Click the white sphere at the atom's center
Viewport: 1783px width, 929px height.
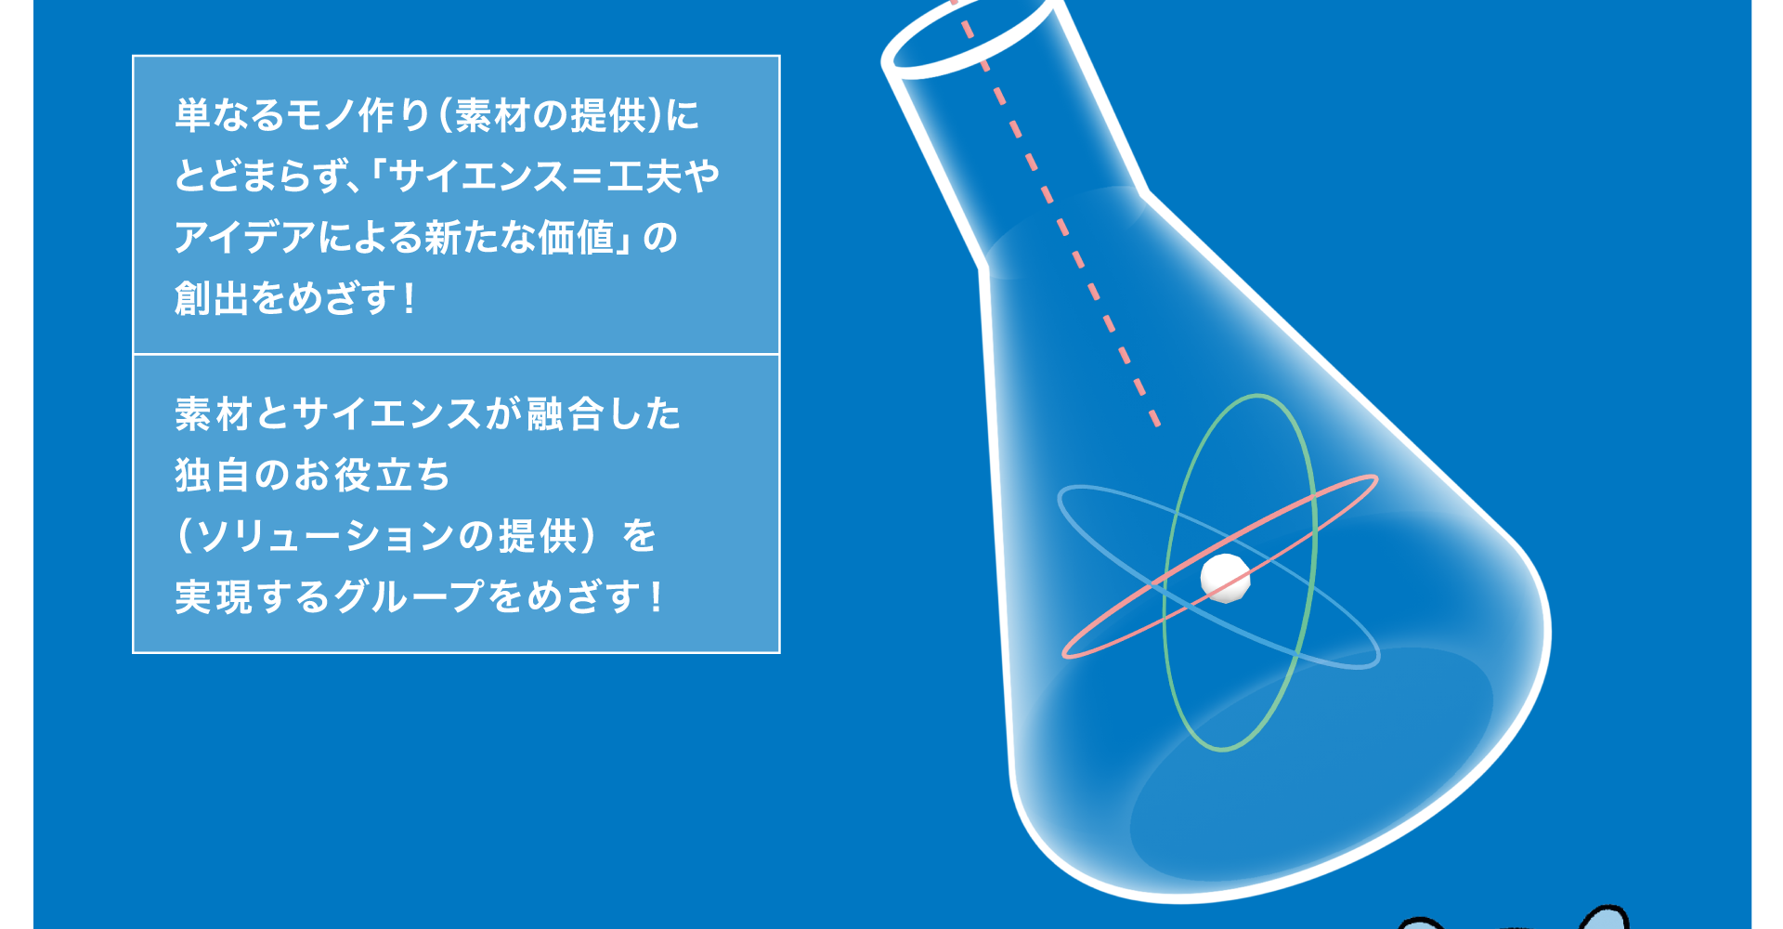[x=1225, y=578]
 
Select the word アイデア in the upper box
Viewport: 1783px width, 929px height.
[x=245, y=238]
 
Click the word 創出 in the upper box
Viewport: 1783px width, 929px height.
[x=211, y=299]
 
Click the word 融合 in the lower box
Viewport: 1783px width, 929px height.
[x=566, y=414]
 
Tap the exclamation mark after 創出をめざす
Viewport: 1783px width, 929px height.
[x=409, y=299]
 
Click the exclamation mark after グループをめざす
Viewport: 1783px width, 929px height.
[x=657, y=596]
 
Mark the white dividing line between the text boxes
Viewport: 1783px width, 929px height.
[x=456, y=354]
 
